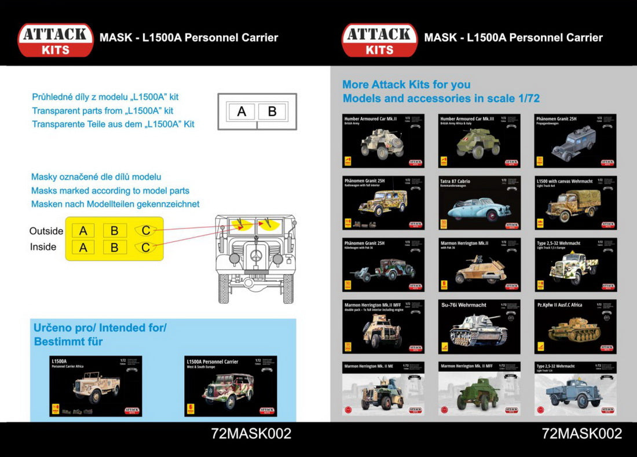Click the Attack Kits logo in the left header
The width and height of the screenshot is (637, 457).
click(56, 39)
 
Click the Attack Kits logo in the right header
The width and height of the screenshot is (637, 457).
click(379, 39)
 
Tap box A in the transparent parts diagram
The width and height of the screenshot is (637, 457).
click(241, 112)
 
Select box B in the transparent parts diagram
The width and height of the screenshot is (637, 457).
click(272, 112)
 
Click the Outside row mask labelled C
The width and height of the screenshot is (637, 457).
click(145, 231)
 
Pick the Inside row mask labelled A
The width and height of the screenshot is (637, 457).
click(83, 248)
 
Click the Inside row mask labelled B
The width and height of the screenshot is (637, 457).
click(115, 248)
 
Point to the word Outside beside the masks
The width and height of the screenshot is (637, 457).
click(46, 231)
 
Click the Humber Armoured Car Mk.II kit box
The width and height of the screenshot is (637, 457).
click(383, 141)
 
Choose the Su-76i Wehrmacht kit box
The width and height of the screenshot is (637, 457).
click(479, 326)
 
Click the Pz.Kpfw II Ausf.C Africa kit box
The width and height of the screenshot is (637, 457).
click(575, 326)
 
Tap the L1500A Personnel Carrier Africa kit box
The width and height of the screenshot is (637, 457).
click(96, 386)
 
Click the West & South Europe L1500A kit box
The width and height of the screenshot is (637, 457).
click(230, 386)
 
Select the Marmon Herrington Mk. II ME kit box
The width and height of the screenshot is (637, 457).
click(383, 388)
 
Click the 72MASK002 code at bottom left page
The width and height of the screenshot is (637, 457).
click(251, 433)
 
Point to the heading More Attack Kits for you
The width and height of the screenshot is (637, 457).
click(407, 84)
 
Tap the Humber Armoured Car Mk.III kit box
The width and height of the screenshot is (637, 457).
click(479, 141)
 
